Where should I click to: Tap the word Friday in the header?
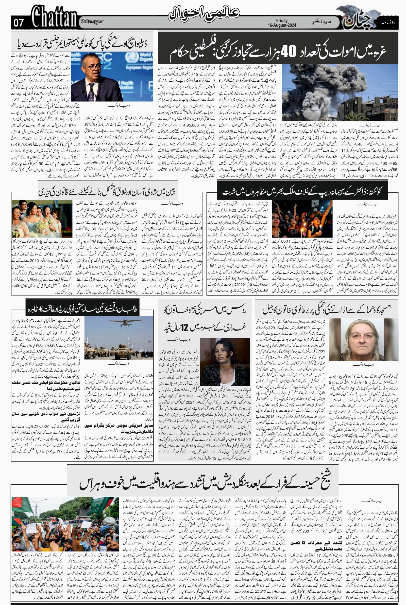(x=282, y=21)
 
